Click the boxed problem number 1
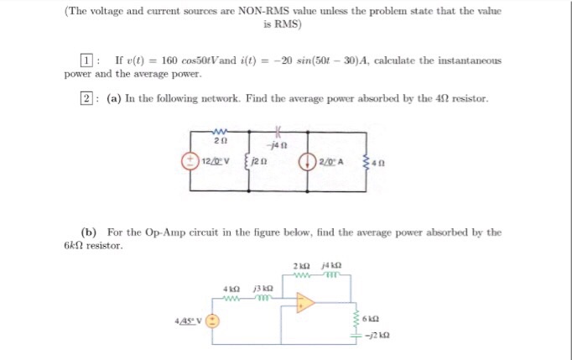(x=86, y=60)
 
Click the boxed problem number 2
(x=86, y=98)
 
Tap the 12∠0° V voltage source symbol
(x=190, y=161)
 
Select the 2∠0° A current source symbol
(x=307, y=162)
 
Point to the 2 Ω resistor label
(x=221, y=140)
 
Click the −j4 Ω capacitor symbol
(x=278, y=130)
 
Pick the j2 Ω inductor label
(x=259, y=161)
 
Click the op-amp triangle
(x=305, y=303)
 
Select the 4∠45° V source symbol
(x=212, y=321)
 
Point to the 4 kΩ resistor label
(x=231, y=290)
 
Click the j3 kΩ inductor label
(x=263, y=289)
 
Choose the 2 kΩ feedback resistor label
(x=302, y=266)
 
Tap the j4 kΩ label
(x=331, y=265)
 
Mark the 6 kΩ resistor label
(x=371, y=319)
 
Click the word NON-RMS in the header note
(x=263, y=11)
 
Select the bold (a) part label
(x=114, y=98)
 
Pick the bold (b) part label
(x=89, y=232)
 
